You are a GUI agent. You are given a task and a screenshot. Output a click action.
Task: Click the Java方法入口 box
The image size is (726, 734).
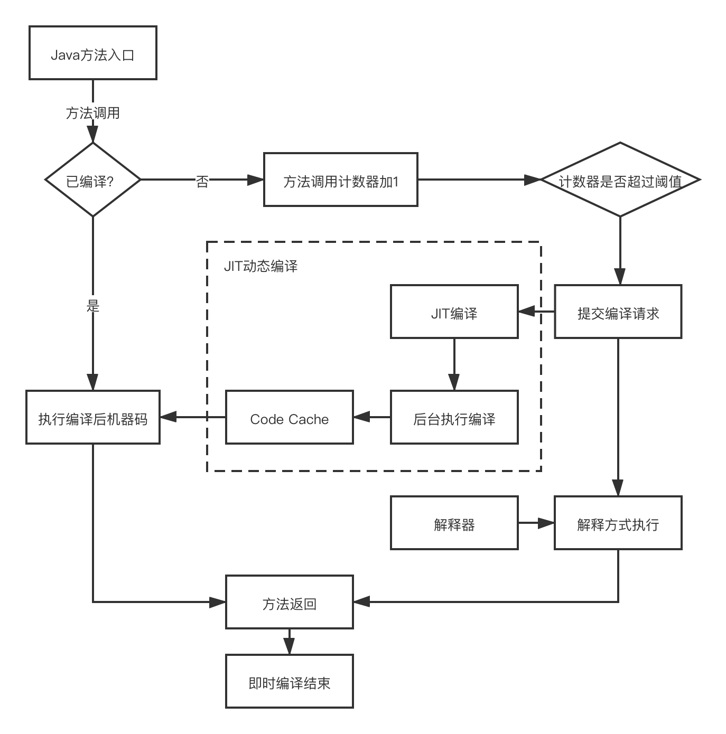[92, 53]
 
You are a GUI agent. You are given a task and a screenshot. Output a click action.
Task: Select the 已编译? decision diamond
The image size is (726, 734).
[92, 180]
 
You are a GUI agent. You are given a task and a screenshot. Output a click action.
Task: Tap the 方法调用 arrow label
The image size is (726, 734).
[92, 112]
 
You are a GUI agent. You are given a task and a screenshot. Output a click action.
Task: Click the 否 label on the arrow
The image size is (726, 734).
[202, 181]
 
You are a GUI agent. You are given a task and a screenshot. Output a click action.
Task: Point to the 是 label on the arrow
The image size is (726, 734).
[93, 305]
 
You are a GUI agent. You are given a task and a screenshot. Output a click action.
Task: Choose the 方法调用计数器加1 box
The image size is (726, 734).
[340, 180]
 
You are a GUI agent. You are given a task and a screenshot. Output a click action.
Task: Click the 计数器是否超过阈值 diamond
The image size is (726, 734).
[620, 180]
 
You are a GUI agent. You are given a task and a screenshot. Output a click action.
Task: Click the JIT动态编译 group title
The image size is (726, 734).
[260, 266]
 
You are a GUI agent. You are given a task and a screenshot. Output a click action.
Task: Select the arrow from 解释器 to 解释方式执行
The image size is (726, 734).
[536, 523]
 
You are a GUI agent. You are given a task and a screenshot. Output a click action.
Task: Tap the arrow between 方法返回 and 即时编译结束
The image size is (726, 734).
[289, 642]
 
